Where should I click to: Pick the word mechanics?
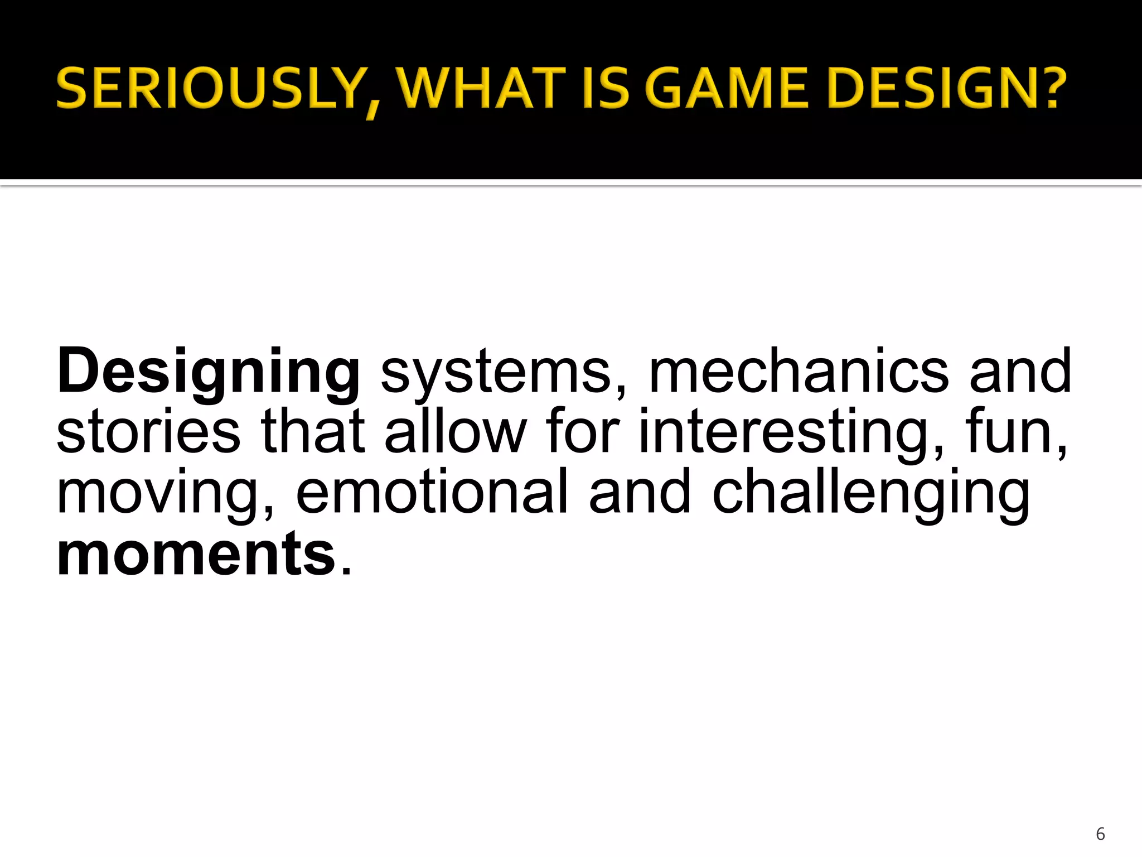[x=799, y=370]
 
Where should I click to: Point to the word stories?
[x=148, y=431]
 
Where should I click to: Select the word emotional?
[x=432, y=492]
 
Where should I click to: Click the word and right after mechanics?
[x=1020, y=370]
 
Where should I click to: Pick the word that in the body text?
[x=313, y=431]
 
